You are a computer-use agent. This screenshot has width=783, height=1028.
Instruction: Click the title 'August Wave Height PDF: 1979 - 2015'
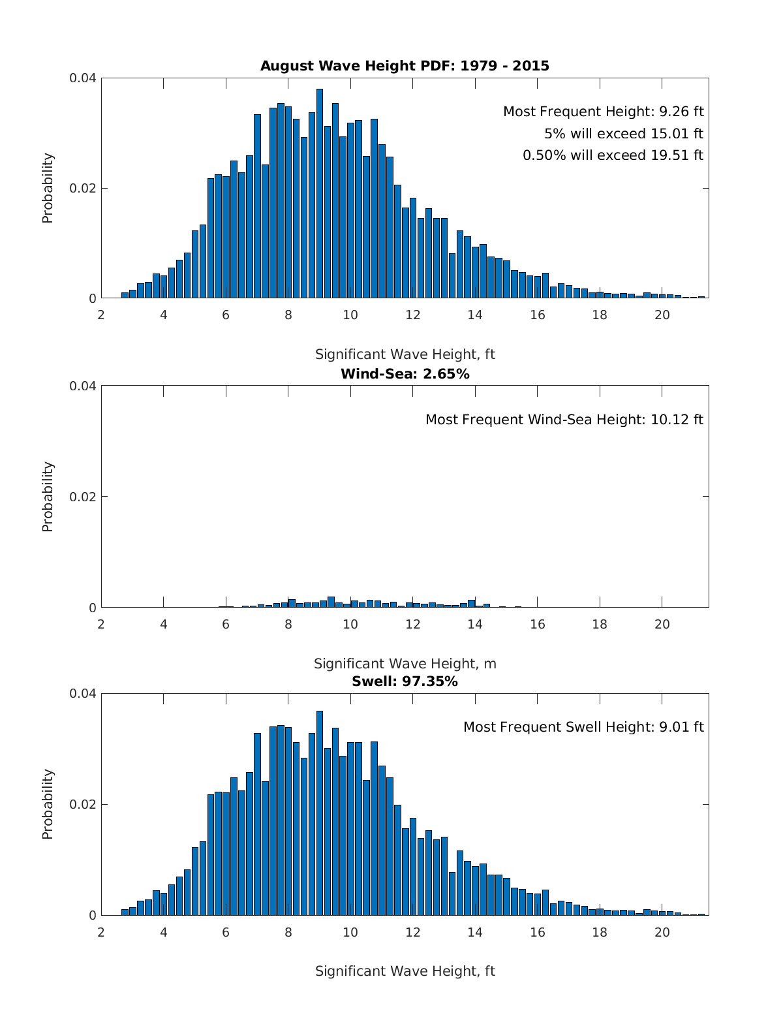tap(405, 66)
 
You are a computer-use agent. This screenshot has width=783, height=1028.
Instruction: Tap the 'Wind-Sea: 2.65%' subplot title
tap(405, 374)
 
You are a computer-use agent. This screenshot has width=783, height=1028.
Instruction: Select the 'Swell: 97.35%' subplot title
tap(405, 681)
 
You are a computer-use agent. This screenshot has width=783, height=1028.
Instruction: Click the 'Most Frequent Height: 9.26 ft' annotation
tap(603, 112)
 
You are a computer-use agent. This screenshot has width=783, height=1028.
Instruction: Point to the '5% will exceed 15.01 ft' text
tap(623, 134)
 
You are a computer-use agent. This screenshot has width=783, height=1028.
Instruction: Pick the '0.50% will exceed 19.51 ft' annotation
tap(613, 155)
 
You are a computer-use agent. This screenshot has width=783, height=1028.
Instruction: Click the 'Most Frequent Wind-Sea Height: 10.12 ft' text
tap(564, 420)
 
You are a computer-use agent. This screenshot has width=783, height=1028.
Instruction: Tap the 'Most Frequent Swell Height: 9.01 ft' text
tap(583, 727)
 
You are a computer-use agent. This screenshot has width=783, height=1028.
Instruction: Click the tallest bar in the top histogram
tap(320, 196)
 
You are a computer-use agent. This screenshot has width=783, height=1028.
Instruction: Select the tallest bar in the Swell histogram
tap(320, 816)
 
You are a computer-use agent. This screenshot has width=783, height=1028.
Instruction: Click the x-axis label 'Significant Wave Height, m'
tap(405, 664)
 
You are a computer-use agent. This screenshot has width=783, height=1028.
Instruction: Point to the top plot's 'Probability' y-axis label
tap(48, 188)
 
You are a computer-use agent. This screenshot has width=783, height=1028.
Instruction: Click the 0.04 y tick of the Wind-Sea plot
tap(83, 386)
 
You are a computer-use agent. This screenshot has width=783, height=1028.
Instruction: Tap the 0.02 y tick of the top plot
tap(83, 189)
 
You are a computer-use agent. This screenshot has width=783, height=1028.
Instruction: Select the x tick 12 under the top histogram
tap(412, 315)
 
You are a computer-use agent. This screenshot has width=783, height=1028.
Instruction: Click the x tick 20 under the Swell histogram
tap(662, 932)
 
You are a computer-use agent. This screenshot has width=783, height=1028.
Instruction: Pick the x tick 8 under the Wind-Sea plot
tap(288, 624)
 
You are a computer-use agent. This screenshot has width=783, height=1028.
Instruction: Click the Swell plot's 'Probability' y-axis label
tap(48, 804)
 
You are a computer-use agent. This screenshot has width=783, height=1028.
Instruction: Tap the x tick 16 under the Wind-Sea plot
tap(537, 624)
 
